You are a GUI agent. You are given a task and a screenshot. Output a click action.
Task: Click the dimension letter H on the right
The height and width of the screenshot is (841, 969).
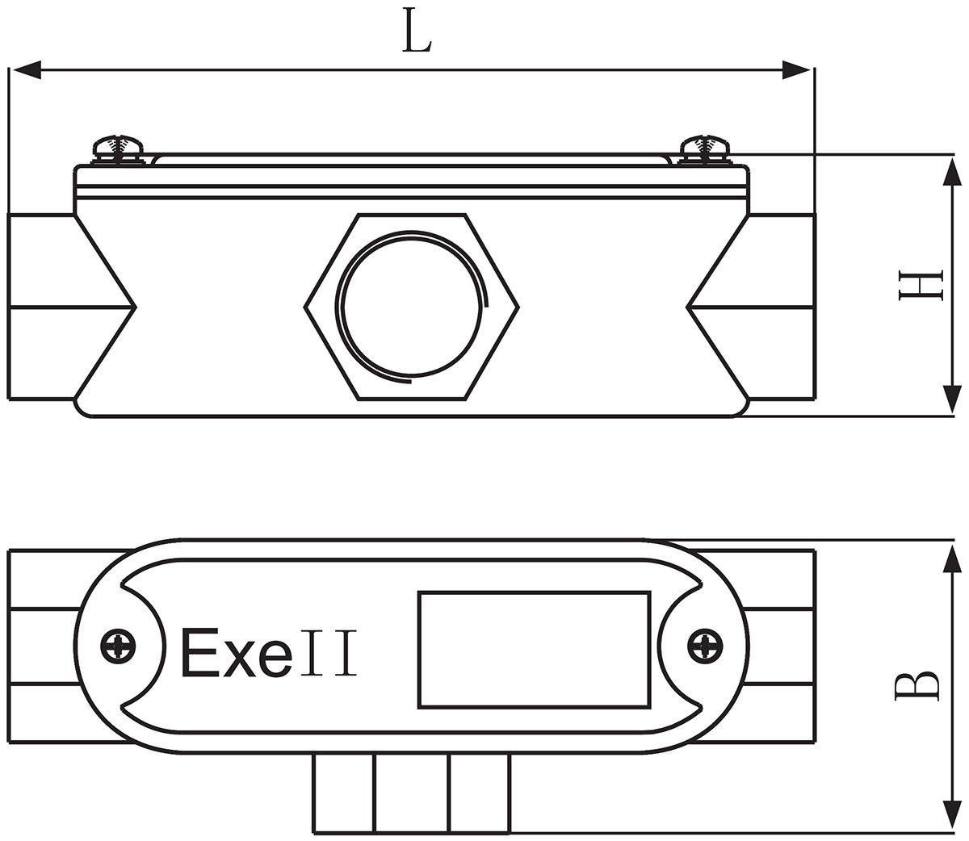921,286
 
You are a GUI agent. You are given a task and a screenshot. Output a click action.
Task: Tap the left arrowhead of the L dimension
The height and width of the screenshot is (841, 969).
24,71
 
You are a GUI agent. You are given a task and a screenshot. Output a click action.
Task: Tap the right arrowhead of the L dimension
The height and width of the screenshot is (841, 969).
797,71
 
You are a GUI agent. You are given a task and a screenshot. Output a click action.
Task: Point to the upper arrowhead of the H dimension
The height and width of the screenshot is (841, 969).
952,171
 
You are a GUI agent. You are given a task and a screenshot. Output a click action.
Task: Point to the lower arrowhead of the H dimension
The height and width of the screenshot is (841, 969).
952,400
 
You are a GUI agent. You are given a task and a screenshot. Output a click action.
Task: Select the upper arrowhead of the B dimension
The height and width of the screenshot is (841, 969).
952,557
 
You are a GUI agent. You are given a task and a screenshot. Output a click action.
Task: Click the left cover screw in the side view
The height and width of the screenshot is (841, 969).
118,148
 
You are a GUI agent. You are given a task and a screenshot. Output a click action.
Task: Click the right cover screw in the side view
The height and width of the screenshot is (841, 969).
705,148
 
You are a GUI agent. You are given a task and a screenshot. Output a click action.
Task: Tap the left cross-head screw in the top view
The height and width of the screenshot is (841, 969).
119,645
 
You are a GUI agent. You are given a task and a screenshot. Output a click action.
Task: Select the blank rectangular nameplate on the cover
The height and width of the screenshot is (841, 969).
534,650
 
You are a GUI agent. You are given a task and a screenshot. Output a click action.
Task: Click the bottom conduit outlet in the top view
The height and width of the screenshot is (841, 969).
411,793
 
